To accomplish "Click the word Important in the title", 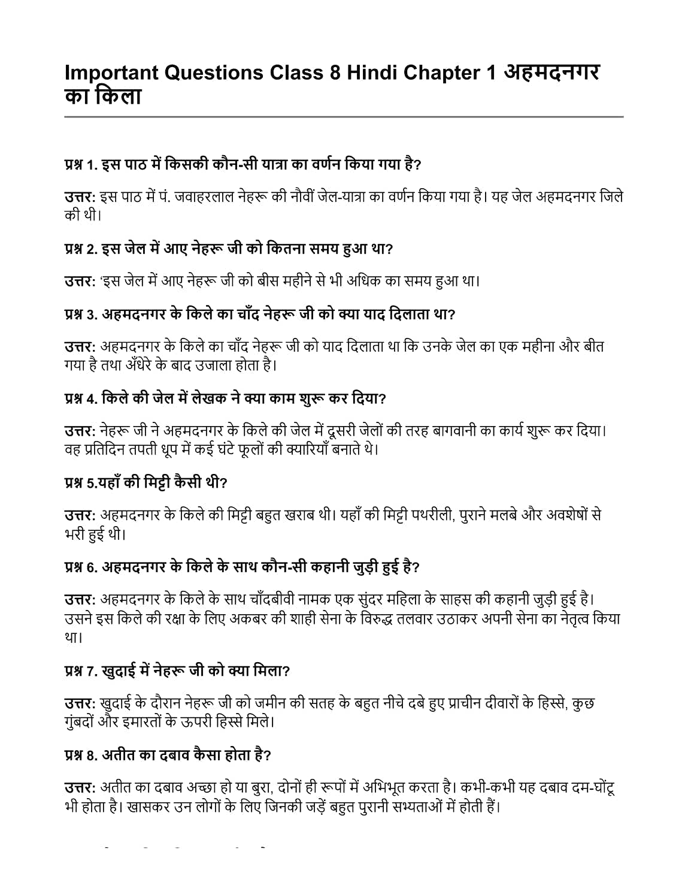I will pos(111,72).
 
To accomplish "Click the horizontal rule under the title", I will pos(344,117).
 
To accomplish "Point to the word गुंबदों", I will pos(78,721).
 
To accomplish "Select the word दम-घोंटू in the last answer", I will pos(590,787).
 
